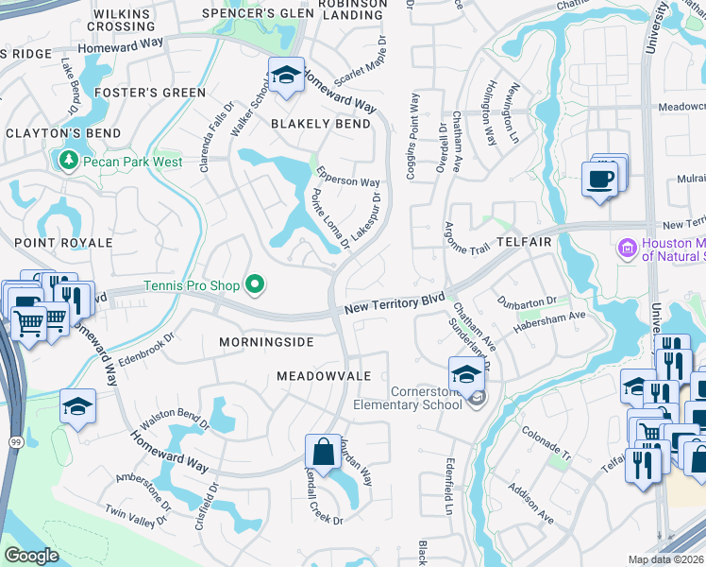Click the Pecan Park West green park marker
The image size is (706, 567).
click(x=68, y=162)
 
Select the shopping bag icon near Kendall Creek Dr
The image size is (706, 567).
click(x=323, y=452)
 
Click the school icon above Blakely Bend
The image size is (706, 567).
click(x=285, y=75)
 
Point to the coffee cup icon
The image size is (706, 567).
click(x=599, y=178)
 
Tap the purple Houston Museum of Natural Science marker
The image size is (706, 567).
click(x=626, y=249)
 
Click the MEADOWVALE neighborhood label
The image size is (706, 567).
click(x=323, y=376)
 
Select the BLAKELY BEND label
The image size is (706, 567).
click(x=321, y=124)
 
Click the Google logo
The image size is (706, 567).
click(x=31, y=556)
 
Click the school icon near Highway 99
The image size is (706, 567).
click(x=77, y=407)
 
